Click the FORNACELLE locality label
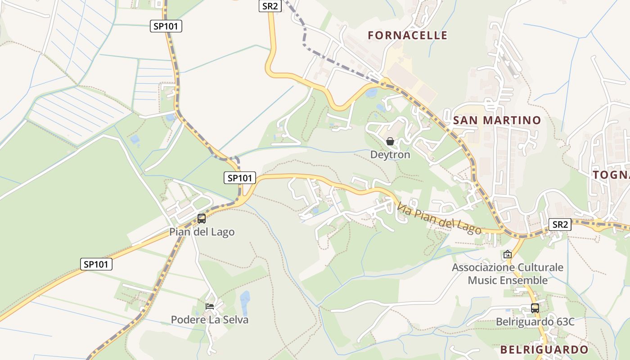(x=408, y=35)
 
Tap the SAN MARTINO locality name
(x=497, y=120)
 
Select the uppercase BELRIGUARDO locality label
(x=544, y=350)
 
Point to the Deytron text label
(x=390, y=155)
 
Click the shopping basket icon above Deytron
(x=390, y=142)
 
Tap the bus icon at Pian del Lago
(x=202, y=219)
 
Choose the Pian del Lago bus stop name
(x=202, y=232)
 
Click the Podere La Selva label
(x=210, y=320)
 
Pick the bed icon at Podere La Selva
(x=210, y=306)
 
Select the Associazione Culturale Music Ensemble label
(x=508, y=274)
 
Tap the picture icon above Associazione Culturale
(x=508, y=254)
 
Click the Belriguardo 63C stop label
(x=535, y=322)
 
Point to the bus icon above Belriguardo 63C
(x=535, y=308)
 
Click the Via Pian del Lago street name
(x=439, y=218)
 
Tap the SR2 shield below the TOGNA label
(x=560, y=224)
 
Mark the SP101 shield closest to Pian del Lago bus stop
(x=240, y=178)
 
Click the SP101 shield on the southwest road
(x=96, y=264)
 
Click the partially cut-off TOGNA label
(x=611, y=175)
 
